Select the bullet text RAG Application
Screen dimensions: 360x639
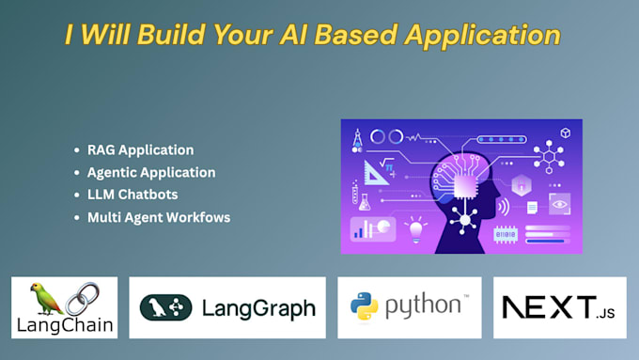point(140,149)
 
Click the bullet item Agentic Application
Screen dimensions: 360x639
point(150,172)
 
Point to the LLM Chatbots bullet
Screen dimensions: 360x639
point(132,195)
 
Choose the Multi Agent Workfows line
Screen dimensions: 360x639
point(159,217)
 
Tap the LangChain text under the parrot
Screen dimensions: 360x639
point(65,326)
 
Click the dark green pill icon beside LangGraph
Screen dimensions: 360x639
point(166,307)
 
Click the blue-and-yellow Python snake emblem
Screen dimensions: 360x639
point(365,306)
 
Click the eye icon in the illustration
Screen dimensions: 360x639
point(558,204)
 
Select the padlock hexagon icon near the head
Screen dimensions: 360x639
point(522,182)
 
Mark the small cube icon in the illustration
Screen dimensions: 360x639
point(566,133)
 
